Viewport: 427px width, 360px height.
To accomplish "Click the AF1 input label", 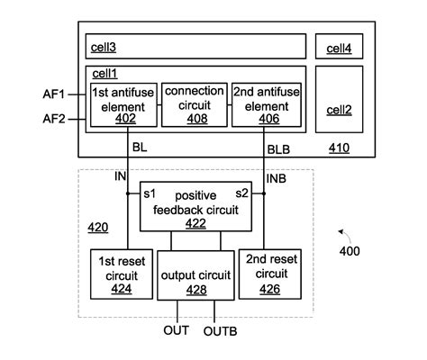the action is click(54, 94).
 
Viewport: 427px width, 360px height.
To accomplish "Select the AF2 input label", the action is click(54, 119).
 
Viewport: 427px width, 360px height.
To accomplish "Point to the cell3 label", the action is click(104, 48).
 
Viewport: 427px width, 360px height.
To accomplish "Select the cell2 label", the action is click(339, 110).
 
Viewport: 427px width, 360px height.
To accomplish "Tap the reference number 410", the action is click(339, 148).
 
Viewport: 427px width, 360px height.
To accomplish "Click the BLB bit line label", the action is click(278, 149).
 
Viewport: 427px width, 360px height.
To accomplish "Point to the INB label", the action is click(277, 179).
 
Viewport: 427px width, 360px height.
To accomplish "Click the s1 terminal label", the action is click(150, 194).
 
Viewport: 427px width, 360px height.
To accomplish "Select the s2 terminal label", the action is click(242, 193).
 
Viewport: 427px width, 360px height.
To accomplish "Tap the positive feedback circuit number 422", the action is click(195, 223).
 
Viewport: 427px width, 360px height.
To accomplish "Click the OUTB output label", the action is click(220, 331).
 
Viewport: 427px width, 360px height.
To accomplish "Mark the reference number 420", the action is click(98, 228).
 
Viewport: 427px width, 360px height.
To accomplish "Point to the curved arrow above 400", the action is click(345, 235).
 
